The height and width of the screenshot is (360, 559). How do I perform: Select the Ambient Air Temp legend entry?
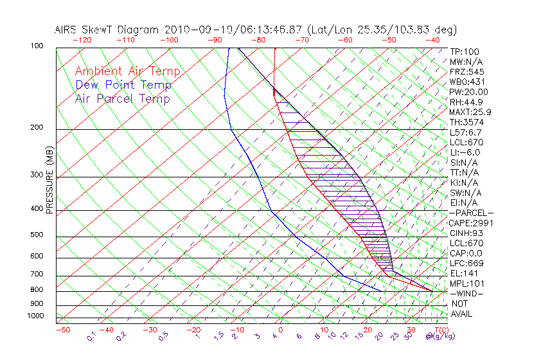127,71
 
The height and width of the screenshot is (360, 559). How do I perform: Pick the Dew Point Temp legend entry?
123,85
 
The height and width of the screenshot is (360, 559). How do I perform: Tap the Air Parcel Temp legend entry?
123,98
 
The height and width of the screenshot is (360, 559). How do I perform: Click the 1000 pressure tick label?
36,316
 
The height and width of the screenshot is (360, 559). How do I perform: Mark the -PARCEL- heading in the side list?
471,213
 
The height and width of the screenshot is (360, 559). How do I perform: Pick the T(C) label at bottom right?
440,330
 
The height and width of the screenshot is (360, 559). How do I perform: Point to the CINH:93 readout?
466,233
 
